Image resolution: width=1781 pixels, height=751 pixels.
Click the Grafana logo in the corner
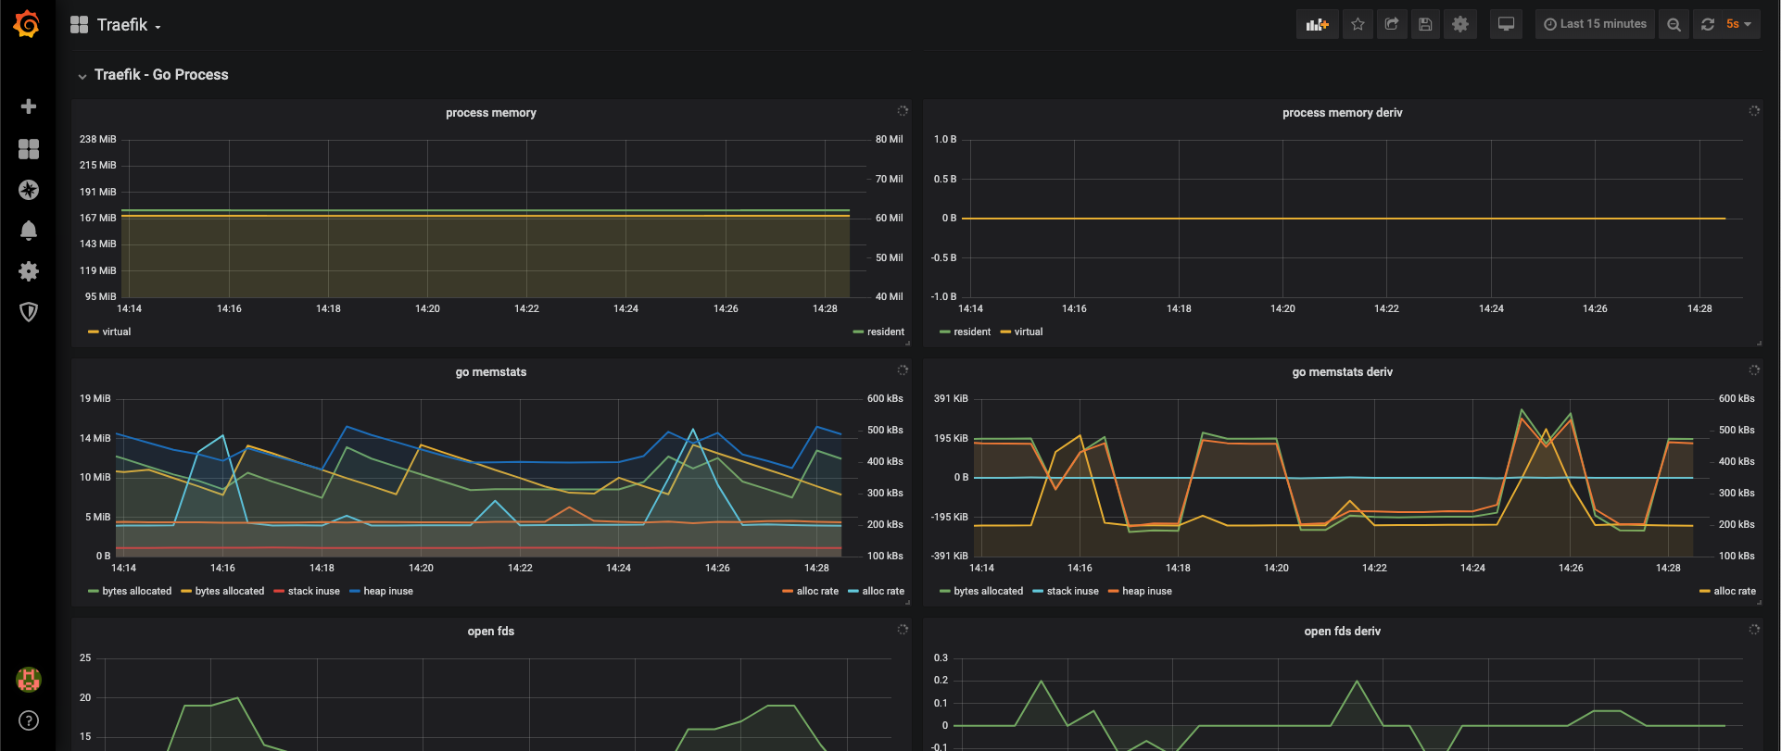[27, 24]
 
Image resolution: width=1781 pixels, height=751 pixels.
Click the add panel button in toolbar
[1317, 24]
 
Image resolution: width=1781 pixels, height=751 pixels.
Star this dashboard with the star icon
[1358, 24]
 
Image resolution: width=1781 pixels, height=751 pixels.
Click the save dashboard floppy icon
[1425, 24]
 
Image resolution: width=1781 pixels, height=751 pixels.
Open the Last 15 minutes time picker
[1595, 24]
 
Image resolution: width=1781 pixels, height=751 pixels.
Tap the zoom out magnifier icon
[1674, 24]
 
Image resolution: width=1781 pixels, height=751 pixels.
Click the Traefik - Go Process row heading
[161, 75]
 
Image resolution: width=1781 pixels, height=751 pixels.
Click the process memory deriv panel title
[1342, 113]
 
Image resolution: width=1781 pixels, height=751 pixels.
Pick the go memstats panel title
[491, 372]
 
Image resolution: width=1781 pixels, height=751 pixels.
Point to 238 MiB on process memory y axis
[98, 139]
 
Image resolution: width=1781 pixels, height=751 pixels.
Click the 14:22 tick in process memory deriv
[1386, 308]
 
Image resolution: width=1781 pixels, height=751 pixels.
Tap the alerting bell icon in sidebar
[29, 230]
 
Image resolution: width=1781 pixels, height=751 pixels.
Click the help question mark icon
[29, 720]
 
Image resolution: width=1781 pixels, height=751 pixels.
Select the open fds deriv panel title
[1342, 632]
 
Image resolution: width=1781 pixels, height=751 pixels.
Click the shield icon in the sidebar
[29, 312]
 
